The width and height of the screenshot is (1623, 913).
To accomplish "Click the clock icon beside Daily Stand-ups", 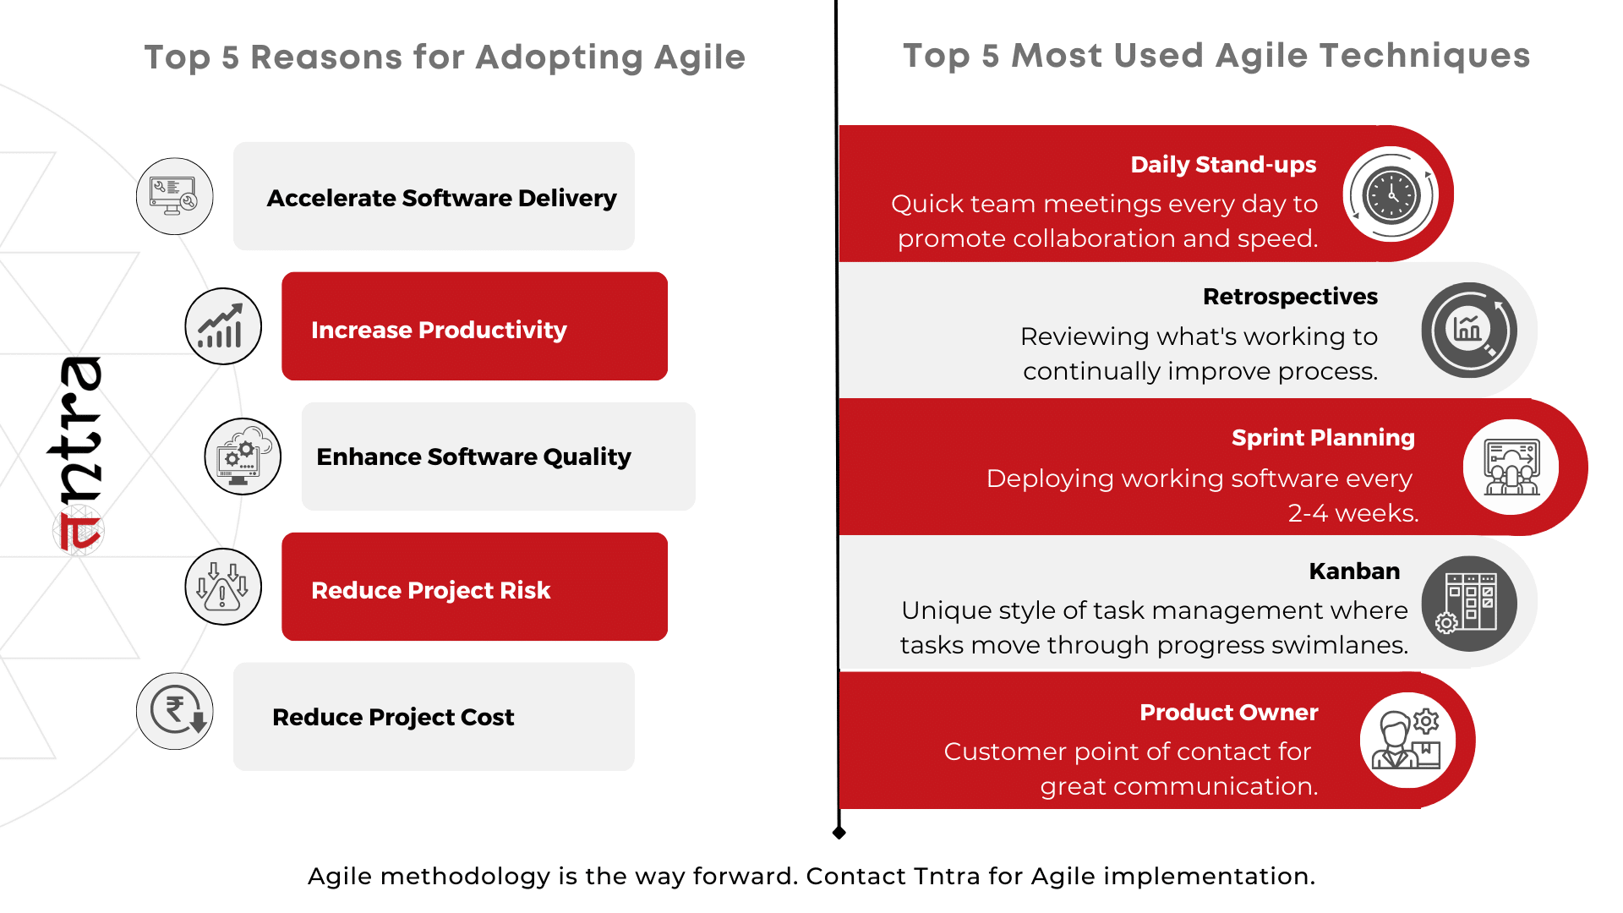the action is [x=1391, y=195].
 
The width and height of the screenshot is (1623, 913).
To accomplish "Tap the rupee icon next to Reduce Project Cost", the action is [x=175, y=711].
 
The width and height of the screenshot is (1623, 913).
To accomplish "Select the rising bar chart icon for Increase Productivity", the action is [x=223, y=326].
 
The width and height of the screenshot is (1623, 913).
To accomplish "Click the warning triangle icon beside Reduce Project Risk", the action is [x=223, y=587].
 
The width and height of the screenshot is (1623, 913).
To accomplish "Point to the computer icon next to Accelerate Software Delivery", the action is [x=175, y=196].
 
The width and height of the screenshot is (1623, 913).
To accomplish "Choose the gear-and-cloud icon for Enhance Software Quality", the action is [x=243, y=456].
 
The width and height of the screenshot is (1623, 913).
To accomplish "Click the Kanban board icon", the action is [x=1469, y=604].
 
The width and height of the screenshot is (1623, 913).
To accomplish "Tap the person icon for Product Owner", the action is [x=1407, y=741].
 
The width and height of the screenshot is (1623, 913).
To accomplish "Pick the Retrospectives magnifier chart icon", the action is [x=1469, y=330].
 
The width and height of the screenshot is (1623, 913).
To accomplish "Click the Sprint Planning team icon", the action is [x=1511, y=467].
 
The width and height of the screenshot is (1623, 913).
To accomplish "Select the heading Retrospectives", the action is [x=1290, y=297].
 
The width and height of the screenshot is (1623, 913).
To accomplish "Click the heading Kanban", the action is [x=1354, y=571].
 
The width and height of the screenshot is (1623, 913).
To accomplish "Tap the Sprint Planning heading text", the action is [x=1323, y=438].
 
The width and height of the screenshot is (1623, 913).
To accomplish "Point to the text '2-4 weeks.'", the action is [x=1352, y=513].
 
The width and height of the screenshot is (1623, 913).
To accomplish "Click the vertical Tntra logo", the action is [x=76, y=455].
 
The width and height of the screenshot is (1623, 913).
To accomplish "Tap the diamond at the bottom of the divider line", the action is [x=839, y=833].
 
